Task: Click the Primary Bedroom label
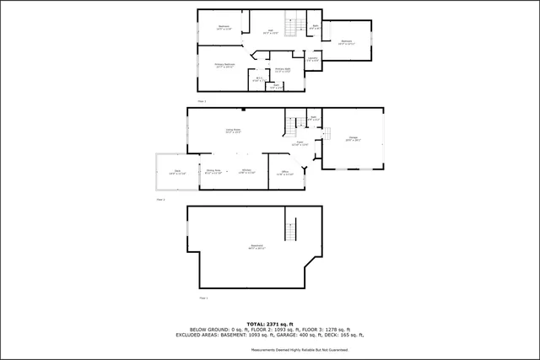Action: [x=224, y=66]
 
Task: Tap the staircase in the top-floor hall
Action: [x=293, y=27]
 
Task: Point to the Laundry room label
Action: [x=312, y=59]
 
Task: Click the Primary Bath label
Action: [x=283, y=70]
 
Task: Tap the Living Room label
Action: [x=233, y=131]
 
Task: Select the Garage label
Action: [x=354, y=139]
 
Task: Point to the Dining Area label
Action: [x=213, y=171]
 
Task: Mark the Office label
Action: [x=285, y=174]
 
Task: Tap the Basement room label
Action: [x=256, y=247]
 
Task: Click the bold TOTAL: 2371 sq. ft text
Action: [x=269, y=324]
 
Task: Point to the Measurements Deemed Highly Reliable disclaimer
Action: [x=300, y=349]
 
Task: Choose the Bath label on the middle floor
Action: [x=312, y=118]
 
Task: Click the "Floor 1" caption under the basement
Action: [x=203, y=298]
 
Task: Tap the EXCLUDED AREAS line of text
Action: [x=269, y=335]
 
